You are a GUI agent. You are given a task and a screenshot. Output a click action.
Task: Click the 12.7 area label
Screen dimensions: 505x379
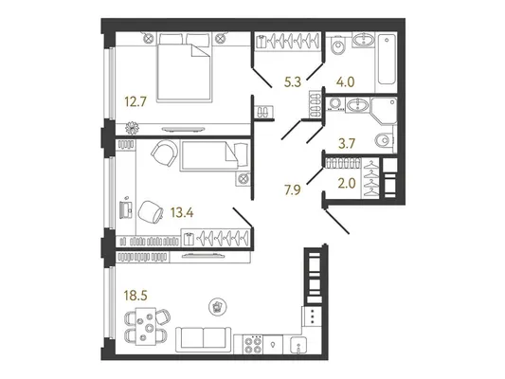[135, 102]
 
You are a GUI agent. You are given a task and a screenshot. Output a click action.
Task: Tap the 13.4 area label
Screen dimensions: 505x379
[182, 212]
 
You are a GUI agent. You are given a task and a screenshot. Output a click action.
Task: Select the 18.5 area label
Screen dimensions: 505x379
[135, 296]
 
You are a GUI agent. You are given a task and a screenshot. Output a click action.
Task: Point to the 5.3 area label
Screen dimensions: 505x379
[293, 82]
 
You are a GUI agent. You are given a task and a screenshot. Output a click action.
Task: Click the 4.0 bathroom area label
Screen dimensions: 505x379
[345, 82]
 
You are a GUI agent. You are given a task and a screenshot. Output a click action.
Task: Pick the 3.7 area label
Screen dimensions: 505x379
[347, 143]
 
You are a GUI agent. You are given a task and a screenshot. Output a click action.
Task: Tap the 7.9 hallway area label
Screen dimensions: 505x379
[293, 190]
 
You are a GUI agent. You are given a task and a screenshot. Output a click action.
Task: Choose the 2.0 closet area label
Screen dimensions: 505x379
[347, 184]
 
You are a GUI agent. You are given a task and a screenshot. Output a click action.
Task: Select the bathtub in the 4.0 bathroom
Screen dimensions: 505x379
[387, 60]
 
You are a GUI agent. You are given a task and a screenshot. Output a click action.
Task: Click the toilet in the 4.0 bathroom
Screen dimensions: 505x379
[337, 46]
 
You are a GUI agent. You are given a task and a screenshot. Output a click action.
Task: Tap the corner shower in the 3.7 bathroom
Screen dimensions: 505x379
[384, 111]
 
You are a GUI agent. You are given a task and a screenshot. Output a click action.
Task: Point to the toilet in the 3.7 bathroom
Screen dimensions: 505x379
[384, 139]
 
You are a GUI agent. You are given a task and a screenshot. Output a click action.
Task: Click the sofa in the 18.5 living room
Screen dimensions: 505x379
[203, 339]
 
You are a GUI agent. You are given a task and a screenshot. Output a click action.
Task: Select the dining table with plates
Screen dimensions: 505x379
[146, 326]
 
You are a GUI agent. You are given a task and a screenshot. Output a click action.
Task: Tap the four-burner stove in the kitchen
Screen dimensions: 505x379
[252, 345]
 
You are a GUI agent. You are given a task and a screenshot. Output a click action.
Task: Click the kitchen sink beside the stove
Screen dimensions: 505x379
[298, 345]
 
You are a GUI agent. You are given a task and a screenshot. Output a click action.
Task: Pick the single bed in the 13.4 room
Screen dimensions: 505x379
[214, 155]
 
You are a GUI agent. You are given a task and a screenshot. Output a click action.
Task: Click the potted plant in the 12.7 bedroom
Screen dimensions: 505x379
[132, 128]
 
